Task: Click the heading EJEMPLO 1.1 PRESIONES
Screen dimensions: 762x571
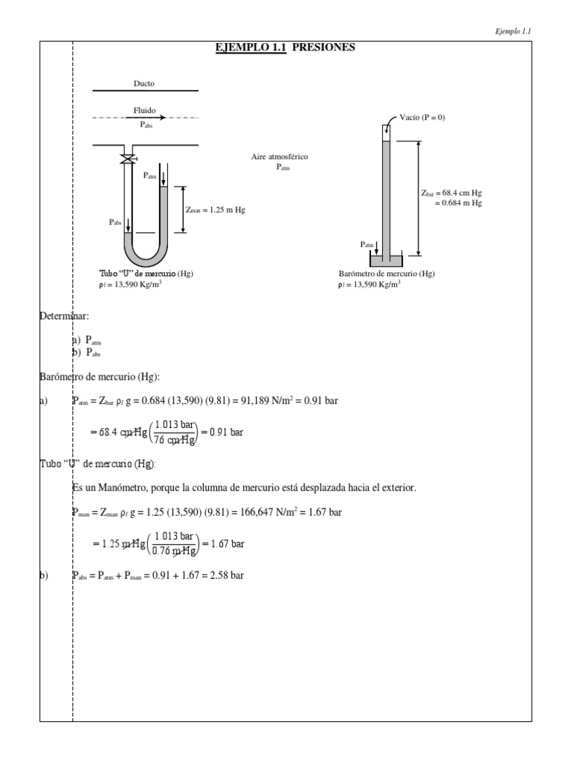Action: pyautogui.click(x=285, y=48)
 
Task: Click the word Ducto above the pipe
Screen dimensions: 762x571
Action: pyautogui.click(x=144, y=84)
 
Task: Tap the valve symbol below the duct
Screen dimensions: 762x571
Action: pyautogui.click(x=129, y=159)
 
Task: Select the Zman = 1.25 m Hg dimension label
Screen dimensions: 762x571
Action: pyautogui.click(x=216, y=210)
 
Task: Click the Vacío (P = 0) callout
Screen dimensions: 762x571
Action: pyautogui.click(x=422, y=118)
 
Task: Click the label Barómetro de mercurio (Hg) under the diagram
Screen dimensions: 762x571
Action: pyautogui.click(x=387, y=274)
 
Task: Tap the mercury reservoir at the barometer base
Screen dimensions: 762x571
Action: pyautogui.click(x=387, y=260)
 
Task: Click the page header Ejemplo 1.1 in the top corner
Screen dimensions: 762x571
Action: pyautogui.click(x=514, y=31)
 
